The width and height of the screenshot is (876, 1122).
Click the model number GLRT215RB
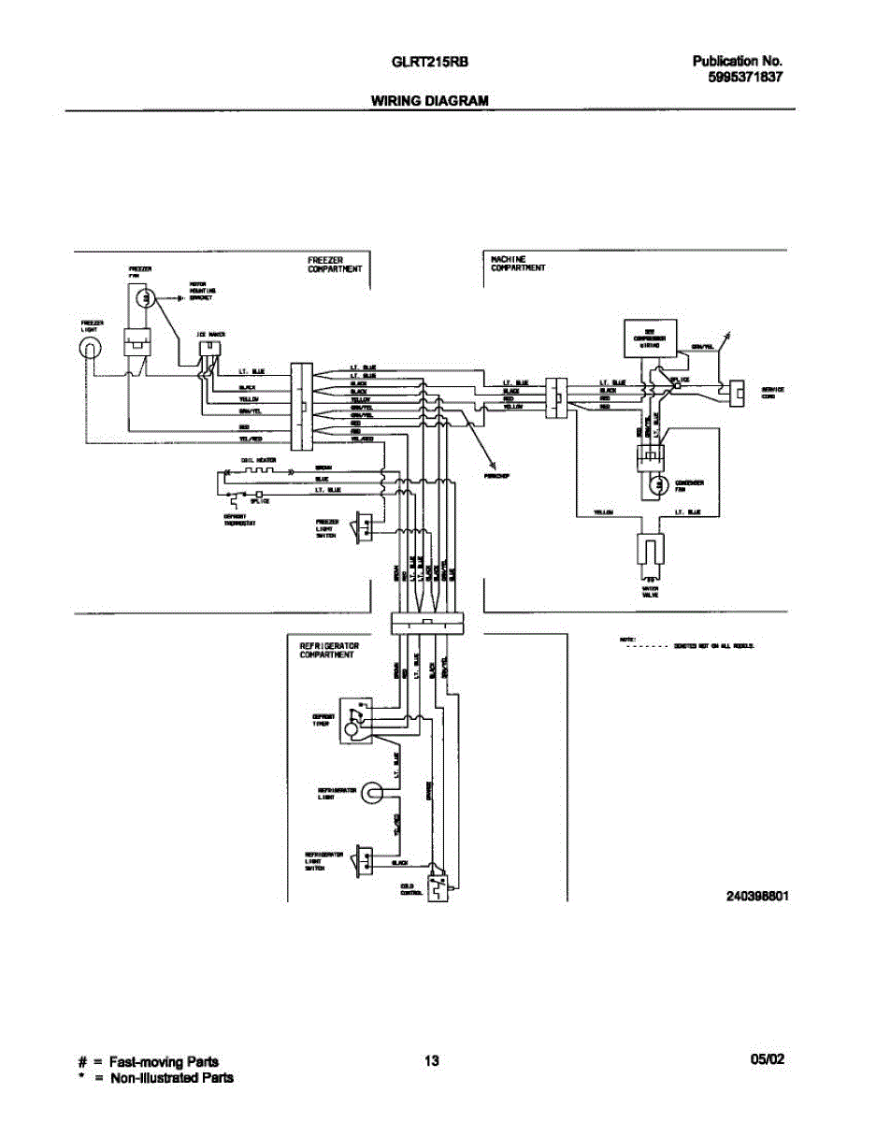[429, 63]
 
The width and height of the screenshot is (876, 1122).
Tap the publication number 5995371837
[744, 79]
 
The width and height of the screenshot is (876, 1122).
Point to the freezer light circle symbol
[89, 349]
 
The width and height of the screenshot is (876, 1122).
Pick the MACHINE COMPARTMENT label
[518, 264]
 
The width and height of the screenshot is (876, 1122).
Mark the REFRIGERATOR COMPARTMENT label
[328, 650]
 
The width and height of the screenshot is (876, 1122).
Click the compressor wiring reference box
[649, 337]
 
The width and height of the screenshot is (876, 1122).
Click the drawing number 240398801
[757, 895]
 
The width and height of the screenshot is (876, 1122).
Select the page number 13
[431, 1061]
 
